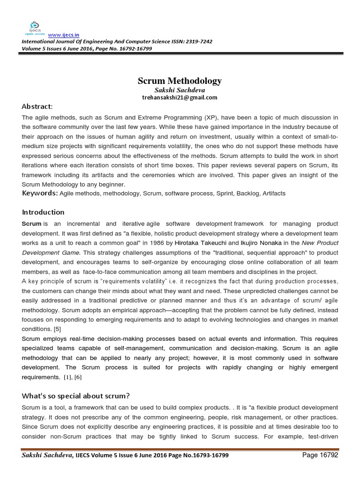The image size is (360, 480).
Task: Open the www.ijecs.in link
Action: point(60,34)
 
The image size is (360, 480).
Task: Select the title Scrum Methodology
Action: point(180,81)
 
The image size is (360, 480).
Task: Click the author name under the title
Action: point(180,90)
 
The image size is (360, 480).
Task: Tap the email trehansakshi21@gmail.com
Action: point(180,97)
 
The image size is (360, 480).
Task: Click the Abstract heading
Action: point(37,106)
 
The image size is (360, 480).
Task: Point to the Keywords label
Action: point(40,193)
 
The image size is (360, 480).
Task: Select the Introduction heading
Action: point(43,212)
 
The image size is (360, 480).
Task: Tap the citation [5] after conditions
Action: point(58,328)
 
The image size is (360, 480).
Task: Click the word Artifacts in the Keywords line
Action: point(274,193)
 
